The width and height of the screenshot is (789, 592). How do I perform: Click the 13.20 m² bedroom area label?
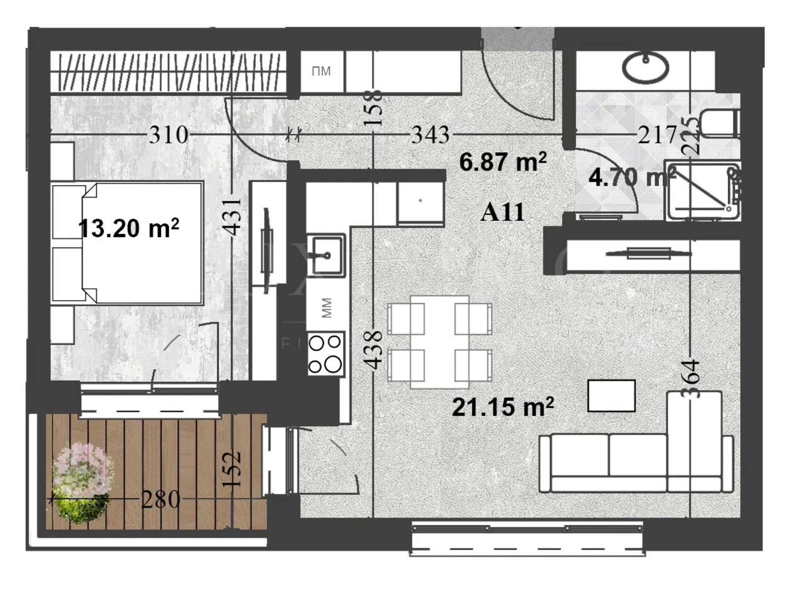pyautogui.click(x=128, y=229)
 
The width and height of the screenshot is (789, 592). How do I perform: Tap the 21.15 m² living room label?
pyautogui.click(x=502, y=408)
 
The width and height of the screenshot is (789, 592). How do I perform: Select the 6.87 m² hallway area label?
pyautogui.click(x=502, y=162)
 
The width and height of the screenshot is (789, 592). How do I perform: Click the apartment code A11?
pyautogui.click(x=502, y=212)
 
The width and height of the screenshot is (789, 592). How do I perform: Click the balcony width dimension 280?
pyautogui.click(x=161, y=500)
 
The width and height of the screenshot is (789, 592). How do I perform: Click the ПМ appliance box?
pyautogui.click(x=321, y=72)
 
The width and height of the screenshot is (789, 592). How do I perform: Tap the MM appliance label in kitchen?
pyautogui.click(x=326, y=308)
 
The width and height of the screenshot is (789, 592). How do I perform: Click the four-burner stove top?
pyautogui.click(x=325, y=354)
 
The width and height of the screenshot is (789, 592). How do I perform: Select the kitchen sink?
pyautogui.click(x=326, y=254)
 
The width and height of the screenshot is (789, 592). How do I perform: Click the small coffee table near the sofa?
pyautogui.click(x=611, y=395)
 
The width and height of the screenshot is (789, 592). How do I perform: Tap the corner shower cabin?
pyautogui.click(x=702, y=190)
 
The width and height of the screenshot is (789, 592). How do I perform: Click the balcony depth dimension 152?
pyautogui.click(x=231, y=469)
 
